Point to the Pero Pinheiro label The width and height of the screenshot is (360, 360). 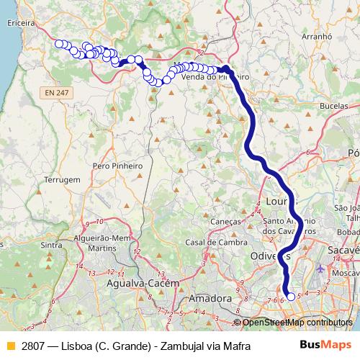(x=118, y=166)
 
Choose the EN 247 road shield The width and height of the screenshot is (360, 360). (x=55, y=92)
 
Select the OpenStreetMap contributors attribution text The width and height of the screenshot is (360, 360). (x=297, y=323)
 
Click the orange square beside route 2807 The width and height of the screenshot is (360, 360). (x=10, y=346)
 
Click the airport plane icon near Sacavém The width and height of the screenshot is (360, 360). (x=320, y=269)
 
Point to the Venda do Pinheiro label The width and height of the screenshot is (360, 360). (x=216, y=76)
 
